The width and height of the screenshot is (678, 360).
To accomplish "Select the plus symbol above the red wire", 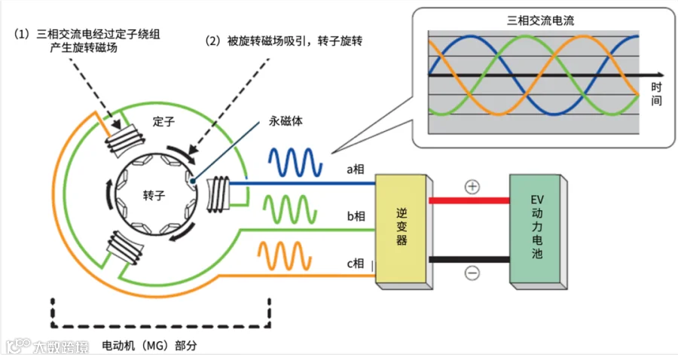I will [x=472, y=187].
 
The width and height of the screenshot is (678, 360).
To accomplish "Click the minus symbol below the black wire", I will [x=472, y=273].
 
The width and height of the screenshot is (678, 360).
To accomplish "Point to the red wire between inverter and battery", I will [x=469, y=200].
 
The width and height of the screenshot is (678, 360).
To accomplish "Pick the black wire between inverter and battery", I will [x=469, y=260].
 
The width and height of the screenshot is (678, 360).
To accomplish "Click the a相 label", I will [x=356, y=169].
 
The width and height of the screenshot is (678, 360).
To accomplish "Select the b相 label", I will [x=356, y=217].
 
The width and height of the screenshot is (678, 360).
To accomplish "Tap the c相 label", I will [x=356, y=263].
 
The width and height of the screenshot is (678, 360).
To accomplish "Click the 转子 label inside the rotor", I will [x=153, y=195].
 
